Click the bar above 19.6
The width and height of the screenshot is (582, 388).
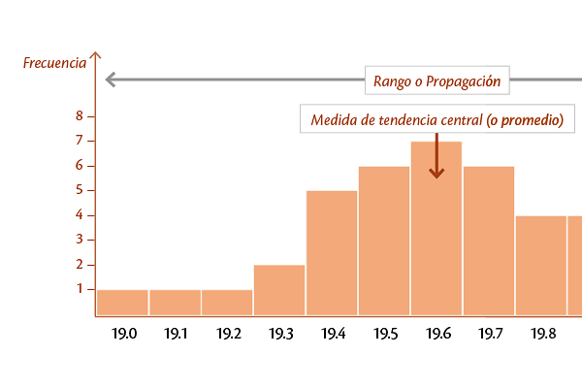436,229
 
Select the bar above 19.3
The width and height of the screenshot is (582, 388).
279,290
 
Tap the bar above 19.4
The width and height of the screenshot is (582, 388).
332,253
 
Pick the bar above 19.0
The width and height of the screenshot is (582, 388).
122,303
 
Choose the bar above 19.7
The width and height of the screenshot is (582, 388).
489,241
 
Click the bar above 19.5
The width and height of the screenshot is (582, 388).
384,241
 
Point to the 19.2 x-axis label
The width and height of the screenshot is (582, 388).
229,334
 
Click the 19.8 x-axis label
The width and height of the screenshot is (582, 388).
543,334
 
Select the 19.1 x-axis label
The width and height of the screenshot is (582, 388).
177,334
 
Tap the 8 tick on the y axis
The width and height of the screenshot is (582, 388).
80,116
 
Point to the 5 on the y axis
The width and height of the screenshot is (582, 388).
80,190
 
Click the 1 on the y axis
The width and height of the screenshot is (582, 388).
80,289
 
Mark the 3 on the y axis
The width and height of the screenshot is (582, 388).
80,240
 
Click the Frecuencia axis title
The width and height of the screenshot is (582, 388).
54,63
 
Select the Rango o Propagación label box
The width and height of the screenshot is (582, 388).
437,81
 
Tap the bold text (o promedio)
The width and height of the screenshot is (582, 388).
525,120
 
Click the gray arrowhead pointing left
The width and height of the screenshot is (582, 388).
109,80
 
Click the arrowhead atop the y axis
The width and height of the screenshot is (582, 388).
94,56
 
